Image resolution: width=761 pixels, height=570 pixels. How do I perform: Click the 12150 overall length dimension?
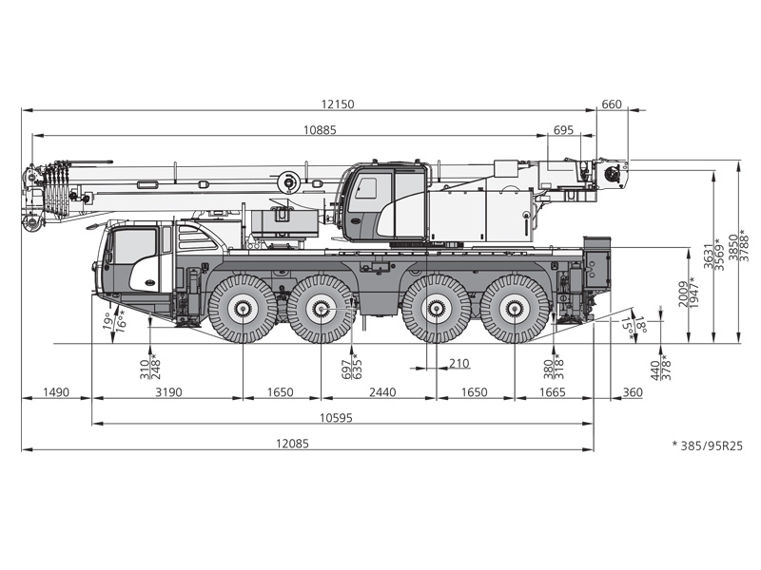tap(338, 104)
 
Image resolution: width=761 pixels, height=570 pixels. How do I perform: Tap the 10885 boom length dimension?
tap(320, 130)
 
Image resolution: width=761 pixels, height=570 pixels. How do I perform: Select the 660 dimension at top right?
tap(612, 104)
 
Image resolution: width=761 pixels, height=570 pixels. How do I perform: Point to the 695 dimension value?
tap(563, 130)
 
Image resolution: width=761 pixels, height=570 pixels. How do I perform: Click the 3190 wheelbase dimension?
tap(168, 392)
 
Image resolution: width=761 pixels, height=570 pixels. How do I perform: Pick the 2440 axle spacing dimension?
tap(382, 392)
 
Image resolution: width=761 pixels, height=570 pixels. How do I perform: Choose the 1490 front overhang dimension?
tap(56, 392)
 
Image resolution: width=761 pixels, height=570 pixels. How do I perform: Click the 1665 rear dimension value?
tap(553, 392)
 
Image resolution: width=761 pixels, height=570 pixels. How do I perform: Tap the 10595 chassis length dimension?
tap(336, 418)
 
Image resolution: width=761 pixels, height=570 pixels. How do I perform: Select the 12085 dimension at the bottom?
tap(292, 444)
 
